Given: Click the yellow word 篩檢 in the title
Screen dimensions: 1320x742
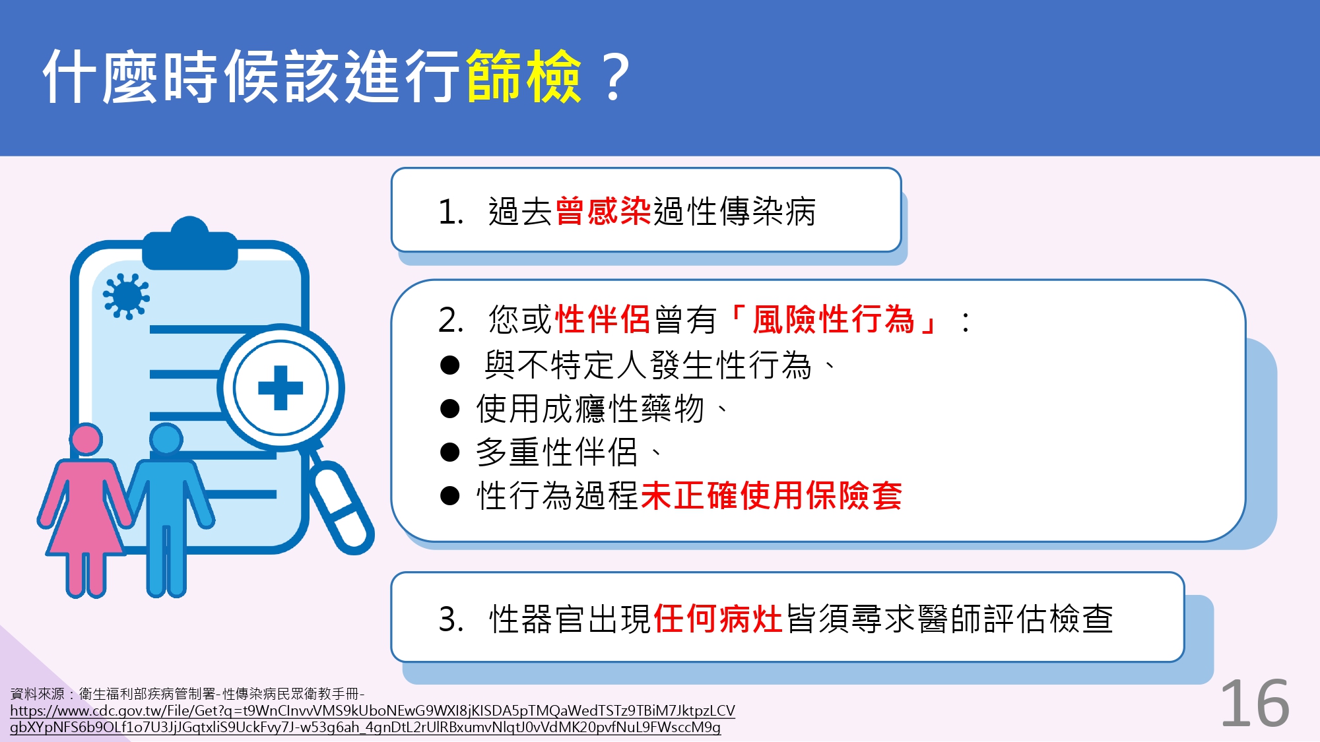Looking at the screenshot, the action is pyautogui.click(x=524, y=77).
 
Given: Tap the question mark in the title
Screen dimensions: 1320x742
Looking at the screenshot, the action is pyautogui.click(x=615, y=78).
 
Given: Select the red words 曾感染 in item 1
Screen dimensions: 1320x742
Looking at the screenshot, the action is pyautogui.click(x=603, y=212).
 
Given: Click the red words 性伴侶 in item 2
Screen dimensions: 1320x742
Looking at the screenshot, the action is pyautogui.click(x=603, y=320).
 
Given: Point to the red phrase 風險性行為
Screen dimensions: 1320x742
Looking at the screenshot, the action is pyautogui.click(x=834, y=320).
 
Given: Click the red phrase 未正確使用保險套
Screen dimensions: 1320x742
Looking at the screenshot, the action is pyautogui.click(x=771, y=495).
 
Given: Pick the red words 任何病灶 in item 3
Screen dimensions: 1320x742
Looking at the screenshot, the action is pyautogui.click(x=718, y=619).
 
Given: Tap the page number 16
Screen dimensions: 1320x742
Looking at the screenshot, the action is pyautogui.click(x=1255, y=704).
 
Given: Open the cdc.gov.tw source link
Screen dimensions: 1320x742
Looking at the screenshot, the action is pyautogui.click(x=372, y=719).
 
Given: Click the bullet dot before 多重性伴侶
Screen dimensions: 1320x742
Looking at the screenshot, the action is pyautogui.click(x=449, y=452).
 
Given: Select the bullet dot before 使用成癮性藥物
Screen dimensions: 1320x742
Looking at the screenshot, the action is pyautogui.click(x=449, y=409).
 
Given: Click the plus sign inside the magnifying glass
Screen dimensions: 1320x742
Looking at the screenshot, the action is pyautogui.click(x=280, y=388).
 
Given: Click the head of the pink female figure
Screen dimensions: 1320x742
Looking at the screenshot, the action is pyautogui.click(x=86, y=439).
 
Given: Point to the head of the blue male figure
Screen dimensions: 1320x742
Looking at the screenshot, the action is pyautogui.click(x=166, y=439).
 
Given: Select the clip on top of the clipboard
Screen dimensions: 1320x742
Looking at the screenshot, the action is pyautogui.click(x=190, y=243).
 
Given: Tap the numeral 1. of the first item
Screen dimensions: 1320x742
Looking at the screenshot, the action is pyautogui.click(x=451, y=212).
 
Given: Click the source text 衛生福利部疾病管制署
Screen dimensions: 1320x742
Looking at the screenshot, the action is pyautogui.click(x=147, y=694).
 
